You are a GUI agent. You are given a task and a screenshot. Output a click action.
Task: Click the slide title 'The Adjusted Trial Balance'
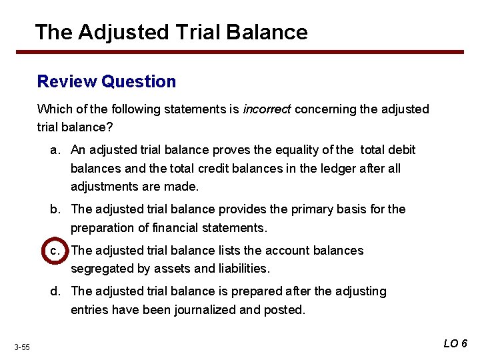tap(171, 32)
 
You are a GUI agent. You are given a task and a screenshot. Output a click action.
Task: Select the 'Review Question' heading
tap(107, 81)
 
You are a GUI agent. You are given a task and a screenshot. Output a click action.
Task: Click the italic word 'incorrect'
tap(267, 109)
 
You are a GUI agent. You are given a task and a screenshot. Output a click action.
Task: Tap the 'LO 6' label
tap(455, 343)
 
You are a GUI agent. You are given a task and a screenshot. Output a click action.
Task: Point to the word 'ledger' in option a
tap(326, 169)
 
